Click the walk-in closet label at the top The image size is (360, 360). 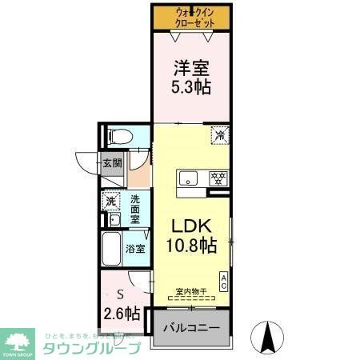[x=193, y=17]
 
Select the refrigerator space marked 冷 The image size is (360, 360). [x=218, y=135]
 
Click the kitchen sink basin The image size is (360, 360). [x=190, y=178]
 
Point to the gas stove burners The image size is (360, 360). [x=216, y=178]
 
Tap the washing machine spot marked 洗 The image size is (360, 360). [x=111, y=201]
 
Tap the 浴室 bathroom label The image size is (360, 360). [x=135, y=248]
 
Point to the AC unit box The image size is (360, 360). [x=224, y=281]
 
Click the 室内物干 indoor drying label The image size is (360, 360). [x=191, y=291]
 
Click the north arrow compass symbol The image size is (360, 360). [x=268, y=336]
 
